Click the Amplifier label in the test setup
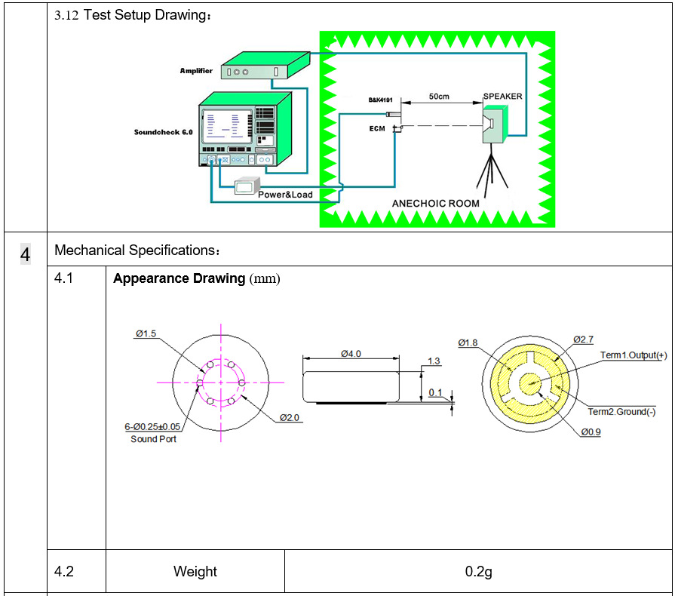pos(196,71)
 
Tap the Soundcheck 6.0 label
pos(164,131)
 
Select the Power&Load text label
pos(285,195)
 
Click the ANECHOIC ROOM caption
pos(436,204)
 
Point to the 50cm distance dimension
pos(440,97)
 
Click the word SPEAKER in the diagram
pos(502,97)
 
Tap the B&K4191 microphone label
pos(380,100)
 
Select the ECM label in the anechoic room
pos(377,129)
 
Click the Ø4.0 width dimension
pos(351,353)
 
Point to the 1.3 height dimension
pos(434,361)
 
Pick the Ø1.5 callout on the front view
pos(146,333)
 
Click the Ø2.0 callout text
pos(291,417)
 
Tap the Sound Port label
pos(153,439)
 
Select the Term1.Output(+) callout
pos(634,355)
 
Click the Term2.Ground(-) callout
pos(621,412)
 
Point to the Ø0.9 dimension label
pos(591,432)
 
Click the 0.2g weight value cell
pos(478,571)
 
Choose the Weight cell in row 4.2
pos(195,571)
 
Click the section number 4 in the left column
pos(26,255)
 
